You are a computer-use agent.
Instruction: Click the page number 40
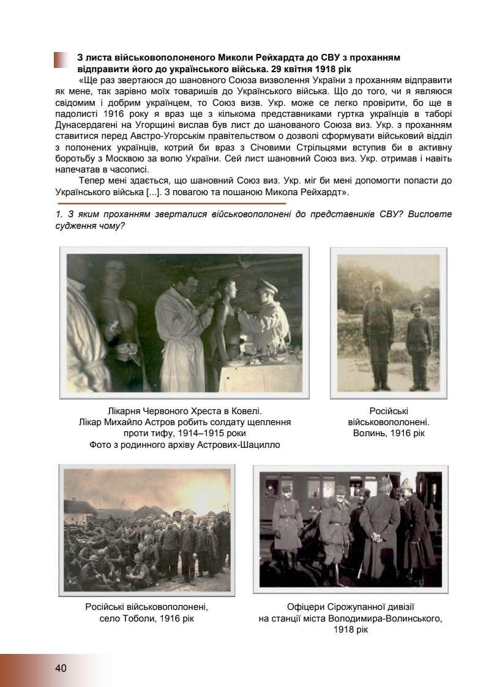[61, 668]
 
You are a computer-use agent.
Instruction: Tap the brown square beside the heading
[61, 60]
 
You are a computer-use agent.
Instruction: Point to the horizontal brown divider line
[171, 203]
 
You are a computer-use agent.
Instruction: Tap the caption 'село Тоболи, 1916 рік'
[147, 618]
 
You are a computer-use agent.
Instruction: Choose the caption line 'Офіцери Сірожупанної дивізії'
[351, 607]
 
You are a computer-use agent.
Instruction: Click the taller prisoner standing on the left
[377, 333]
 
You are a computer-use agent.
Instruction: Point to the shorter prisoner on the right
[419, 343]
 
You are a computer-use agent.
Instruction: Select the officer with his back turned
[378, 529]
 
